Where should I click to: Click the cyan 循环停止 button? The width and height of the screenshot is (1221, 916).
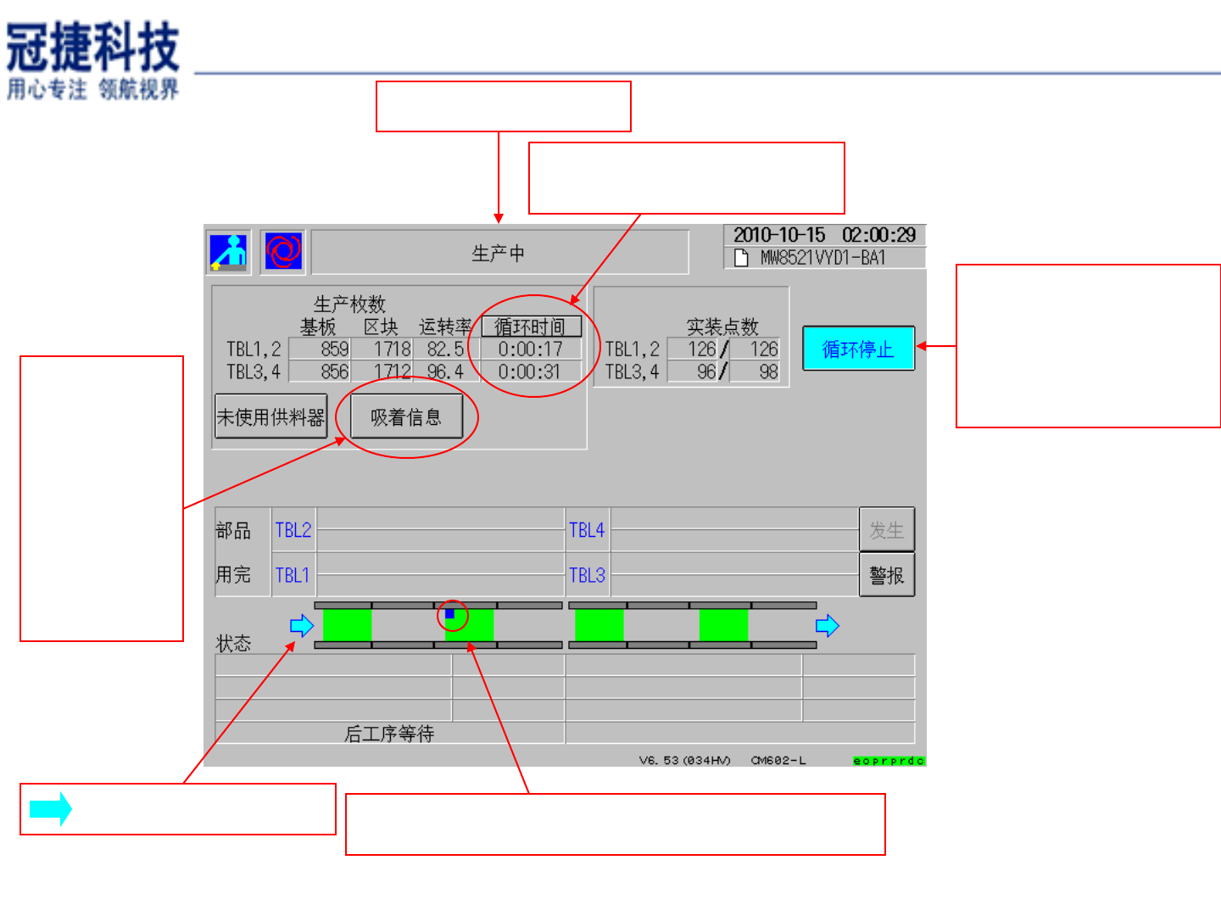coord(858,349)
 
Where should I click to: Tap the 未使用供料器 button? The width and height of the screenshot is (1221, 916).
coord(270,416)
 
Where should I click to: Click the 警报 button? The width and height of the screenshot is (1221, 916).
coord(886,575)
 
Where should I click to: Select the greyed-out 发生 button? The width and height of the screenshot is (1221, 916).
coord(886,530)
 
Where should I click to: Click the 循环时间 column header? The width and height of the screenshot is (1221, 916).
coord(531,327)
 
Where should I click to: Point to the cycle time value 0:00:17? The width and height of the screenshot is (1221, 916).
coord(530,349)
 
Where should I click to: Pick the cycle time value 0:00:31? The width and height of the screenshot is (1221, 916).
coord(530,371)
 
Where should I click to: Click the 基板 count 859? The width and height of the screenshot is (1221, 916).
coord(334,349)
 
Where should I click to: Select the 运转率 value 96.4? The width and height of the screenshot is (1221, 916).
coord(445,371)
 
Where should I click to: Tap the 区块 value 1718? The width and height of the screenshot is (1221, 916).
coord(393,349)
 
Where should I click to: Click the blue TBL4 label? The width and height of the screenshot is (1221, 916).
coord(587,530)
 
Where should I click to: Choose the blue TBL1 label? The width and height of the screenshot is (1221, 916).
coord(293,575)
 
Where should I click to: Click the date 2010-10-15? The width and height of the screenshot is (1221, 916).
coord(779,235)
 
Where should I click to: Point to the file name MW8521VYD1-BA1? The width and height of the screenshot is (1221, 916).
coord(822,258)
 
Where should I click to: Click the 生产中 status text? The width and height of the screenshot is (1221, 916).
coord(499,253)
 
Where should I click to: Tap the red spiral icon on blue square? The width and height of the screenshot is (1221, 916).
coord(283,251)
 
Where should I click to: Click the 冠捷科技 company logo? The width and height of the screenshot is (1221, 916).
coord(93,59)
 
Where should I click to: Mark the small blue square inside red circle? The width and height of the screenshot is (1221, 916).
coord(450,613)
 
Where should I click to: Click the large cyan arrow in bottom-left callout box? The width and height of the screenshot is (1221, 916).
coord(51,809)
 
